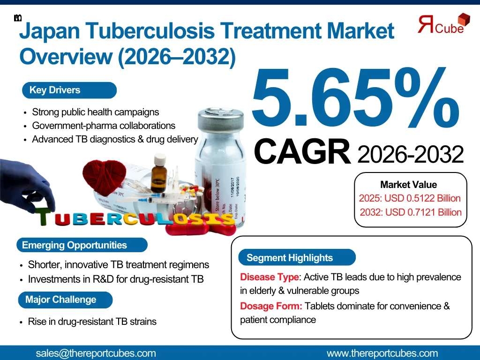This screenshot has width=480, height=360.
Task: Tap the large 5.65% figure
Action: coord(355,98)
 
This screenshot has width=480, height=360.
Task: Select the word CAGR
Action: coord(302,151)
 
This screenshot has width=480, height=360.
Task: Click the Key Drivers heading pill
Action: coord(69,90)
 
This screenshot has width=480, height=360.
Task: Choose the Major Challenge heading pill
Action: coord(65,300)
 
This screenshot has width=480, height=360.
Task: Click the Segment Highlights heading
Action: coord(297,257)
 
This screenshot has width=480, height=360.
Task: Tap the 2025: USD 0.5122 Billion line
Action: coord(410,198)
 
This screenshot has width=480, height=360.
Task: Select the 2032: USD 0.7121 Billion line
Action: coord(410,212)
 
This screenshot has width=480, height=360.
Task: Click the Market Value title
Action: coord(408,185)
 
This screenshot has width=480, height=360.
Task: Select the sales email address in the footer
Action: coord(96,353)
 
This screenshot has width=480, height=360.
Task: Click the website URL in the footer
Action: coord(382,353)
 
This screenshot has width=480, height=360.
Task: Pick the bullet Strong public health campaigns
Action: coord(95,112)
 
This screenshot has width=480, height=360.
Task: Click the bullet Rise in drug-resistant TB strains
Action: coord(92,322)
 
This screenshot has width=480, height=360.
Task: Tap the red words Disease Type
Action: coord(270,277)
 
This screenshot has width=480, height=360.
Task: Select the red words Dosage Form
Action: coord(271,306)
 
